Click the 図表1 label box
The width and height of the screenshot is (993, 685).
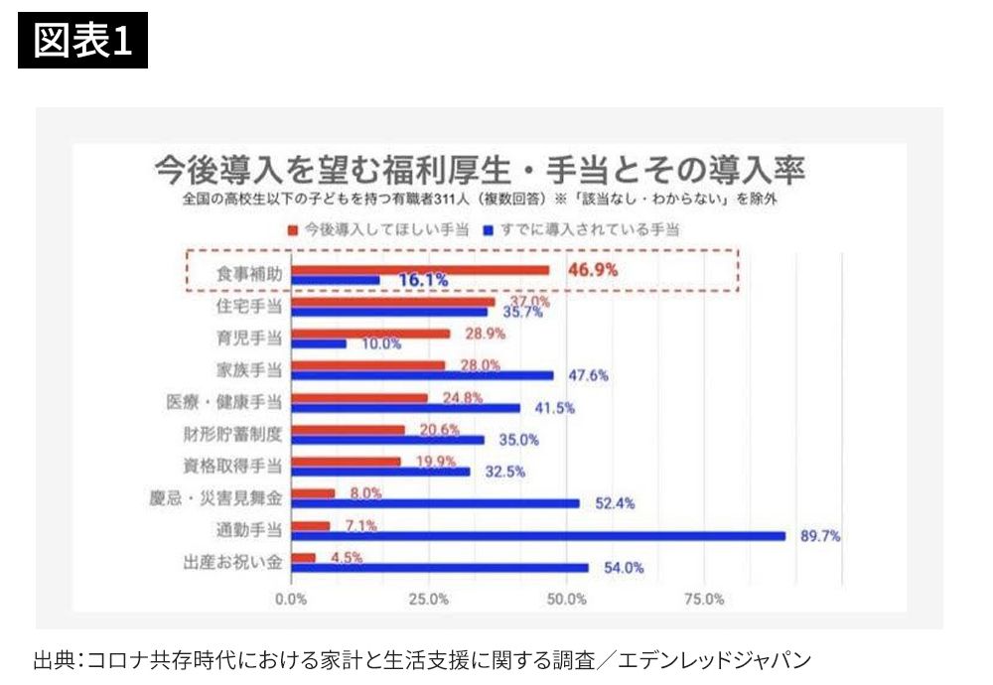tap(82, 41)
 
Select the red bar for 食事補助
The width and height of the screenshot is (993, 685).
tap(418, 270)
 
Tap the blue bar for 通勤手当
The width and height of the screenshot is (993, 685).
tap(537, 536)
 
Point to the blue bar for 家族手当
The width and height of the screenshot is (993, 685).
tap(421, 375)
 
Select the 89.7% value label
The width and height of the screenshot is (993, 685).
tap(820, 536)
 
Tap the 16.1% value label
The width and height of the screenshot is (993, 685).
tap(423, 281)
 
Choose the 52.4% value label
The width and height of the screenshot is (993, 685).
tap(616, 503)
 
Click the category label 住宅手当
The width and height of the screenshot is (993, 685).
tap(249, 306)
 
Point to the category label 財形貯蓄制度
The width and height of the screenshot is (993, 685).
tap(233, 433)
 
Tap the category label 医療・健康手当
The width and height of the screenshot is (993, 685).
tap(225, 401)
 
